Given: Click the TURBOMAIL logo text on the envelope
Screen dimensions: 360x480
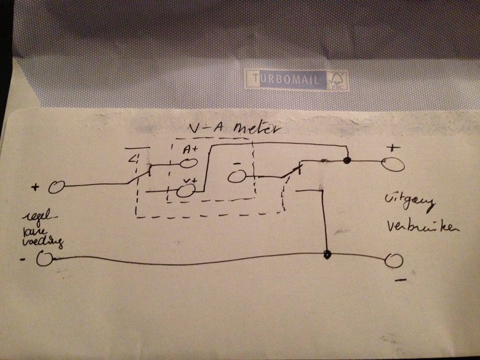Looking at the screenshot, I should point(286,79).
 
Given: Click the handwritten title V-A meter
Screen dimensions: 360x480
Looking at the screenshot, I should point(227,128).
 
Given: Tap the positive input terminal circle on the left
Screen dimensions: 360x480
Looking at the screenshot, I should point(56,187).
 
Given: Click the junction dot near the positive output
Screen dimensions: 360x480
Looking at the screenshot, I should point(347,160).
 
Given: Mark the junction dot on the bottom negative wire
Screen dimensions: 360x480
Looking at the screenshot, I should point(328,254).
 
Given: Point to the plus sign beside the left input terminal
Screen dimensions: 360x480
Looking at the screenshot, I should point(35,188).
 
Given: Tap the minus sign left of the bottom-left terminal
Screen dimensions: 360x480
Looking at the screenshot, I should point(22,259).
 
